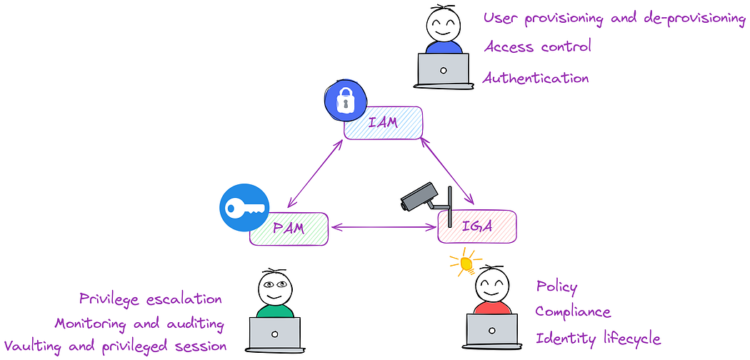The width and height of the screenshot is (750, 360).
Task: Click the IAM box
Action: point(383,123)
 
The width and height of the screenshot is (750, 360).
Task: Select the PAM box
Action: point(289,229)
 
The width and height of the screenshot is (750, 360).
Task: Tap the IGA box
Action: point(476,227)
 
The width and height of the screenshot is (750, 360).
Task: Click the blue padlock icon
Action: point(345,101)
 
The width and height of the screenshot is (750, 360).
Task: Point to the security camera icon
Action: point(426,196)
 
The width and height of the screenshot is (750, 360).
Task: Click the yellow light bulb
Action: point(466,264)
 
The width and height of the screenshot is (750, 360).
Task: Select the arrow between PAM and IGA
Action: point(383,228)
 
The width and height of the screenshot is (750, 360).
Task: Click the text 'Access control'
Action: point(537,47)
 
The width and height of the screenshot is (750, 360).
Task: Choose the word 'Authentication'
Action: point(536,78)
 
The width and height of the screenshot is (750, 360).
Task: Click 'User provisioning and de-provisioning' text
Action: point(614,18)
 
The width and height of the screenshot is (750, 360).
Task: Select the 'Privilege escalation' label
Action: point(151,299)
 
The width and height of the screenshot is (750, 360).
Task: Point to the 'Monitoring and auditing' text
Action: point(139,323)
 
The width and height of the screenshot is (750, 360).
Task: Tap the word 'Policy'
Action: point(556,287)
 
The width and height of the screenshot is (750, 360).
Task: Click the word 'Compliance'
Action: point(573,312)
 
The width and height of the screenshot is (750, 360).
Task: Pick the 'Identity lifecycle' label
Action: point(598,339)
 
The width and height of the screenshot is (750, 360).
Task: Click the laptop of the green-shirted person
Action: point(274,334)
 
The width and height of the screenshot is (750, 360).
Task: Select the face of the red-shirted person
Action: point(492,286)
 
